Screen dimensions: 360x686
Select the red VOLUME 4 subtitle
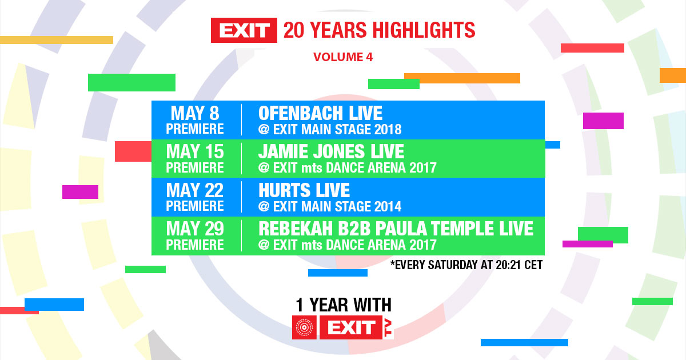point(343,57)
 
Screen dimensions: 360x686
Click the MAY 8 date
point(195,113)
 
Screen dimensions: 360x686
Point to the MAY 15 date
point(195,152)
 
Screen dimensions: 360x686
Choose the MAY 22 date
point(195,190)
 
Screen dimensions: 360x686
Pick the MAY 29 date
point(195,229)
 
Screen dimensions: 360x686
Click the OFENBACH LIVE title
point(321,113)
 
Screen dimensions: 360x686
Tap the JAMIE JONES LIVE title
point(332,151)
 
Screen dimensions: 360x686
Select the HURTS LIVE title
point(304,190)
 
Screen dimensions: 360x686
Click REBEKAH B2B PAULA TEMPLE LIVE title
point(396,229)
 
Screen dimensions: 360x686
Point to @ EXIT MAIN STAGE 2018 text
point(330,129)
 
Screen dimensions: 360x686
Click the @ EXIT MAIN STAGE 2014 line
point(330,206)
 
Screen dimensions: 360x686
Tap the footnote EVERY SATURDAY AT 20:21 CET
point(466,265)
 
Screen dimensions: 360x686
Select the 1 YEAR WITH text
point(343,305)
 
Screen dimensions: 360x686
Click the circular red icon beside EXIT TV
point(304,327)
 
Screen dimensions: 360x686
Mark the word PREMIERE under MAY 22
point(195,206)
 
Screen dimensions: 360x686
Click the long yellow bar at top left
point(56,40)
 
